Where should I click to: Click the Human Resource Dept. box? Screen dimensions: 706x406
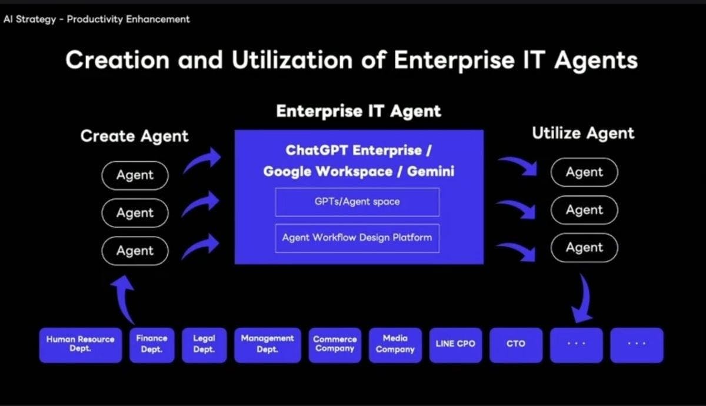pyautogui.click(x=81, y=345)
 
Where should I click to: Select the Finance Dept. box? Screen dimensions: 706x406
pyautogui.click(x=152, y=345)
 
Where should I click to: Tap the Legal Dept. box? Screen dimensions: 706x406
pyautogui.click(x=204, y=345)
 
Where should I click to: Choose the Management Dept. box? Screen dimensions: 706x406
pyautogui.click(x=268, y=345)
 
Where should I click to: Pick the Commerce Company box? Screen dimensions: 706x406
pyautogui.click(x=335, y=345)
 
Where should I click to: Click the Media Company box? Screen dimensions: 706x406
pyautogui.click(x=395, y=345)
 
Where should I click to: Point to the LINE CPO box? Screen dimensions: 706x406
pyautogui.click(x=455, y=345)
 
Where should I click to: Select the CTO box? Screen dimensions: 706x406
pyautogui.click(x=516, y=345)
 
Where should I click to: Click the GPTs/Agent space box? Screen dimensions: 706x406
pyautogui.click(x=357, y=202)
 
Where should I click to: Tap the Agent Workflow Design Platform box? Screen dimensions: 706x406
pyautogui.click(x=357, y=238)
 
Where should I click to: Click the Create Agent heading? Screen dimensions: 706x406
pyautogui.click(x=135, y=137)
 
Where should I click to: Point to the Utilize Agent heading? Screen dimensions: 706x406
pyautogui.click(x=583, y=134)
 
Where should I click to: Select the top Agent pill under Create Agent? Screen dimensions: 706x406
pyautogui.click(x=135, y=175)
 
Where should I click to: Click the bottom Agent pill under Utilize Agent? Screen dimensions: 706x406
pyautogui.click(x=584, y=248)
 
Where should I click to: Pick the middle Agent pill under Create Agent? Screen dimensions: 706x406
pyautogui.click(x=135, y=213)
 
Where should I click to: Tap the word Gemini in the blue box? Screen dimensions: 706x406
pyautogui.click(x=431, y=172)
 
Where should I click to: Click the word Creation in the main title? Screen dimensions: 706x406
pyautogui.click(x=118, y=60)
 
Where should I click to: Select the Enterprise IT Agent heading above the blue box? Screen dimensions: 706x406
pyautogui.click(x=359, y=111)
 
